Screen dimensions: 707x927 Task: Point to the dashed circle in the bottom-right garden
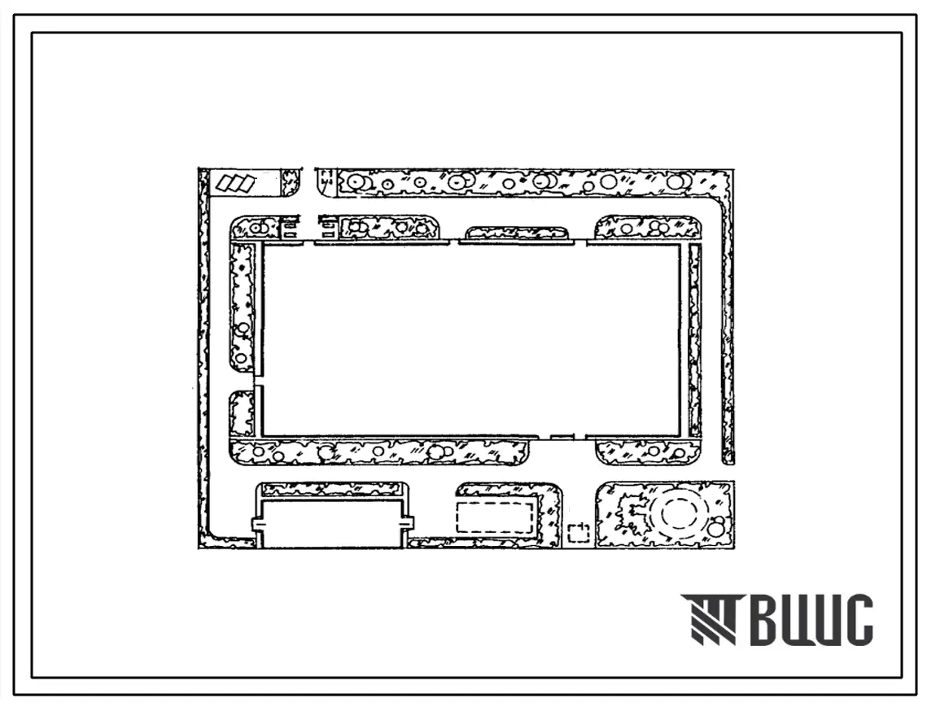(677, 514)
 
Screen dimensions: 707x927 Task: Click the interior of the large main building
(470, 340)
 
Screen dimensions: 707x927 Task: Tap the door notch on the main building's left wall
(258, 380)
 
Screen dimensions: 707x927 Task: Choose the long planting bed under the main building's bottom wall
(378, 451)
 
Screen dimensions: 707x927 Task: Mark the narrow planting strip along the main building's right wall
(694, 340)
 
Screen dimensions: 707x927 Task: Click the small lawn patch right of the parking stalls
(291, 182)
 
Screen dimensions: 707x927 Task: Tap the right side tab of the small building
(408, 522)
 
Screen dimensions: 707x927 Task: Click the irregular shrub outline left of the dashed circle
(632, 516)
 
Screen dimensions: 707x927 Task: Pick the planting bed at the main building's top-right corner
(647, 227)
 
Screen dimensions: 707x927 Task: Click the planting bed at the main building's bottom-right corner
(648, 452)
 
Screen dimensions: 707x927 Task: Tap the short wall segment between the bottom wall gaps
(562, 437)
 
